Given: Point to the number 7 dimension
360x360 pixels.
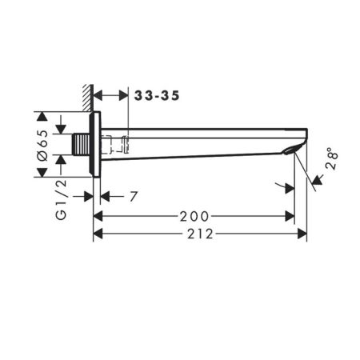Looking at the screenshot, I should pyautogui.click(x=134, y=195).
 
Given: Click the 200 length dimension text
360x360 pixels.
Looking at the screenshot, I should pyautogui.click(x=194, y=216).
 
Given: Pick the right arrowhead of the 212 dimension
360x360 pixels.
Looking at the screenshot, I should pyautogui.click(x=302, y=234).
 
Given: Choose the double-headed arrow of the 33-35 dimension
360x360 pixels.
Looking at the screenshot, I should pyautogui.click(x=111, y=96).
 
